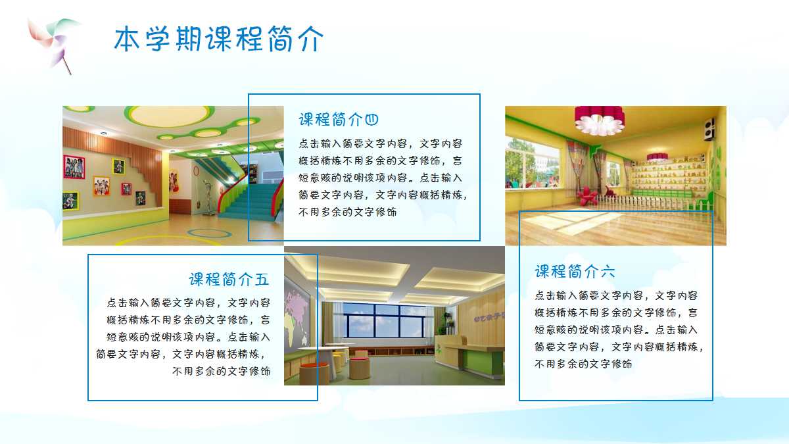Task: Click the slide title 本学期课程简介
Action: click(219, 39)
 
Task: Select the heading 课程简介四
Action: click(339, 120)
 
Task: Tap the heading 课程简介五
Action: click(229, 280)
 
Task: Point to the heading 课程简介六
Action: click(575, 271)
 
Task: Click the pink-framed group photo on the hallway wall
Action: click(74, 167)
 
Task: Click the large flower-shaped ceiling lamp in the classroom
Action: click(599, 120)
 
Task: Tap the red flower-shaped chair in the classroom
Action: click(587, 195)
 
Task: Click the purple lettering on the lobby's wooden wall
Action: click(490, 316)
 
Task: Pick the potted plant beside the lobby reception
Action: click(448, 322)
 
